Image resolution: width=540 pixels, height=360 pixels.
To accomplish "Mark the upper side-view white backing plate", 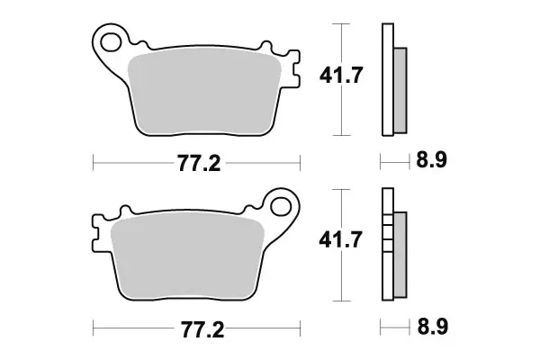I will tap(388, 81).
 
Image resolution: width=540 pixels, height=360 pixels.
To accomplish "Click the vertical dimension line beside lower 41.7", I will tap(339, 246).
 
